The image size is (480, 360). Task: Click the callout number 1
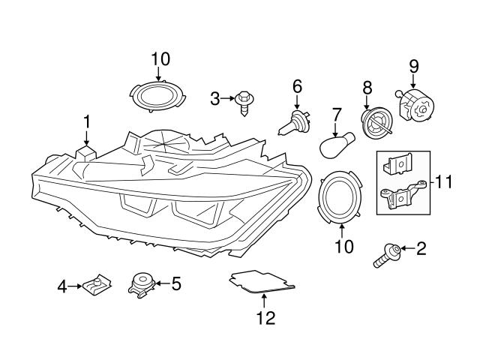pos(86,121)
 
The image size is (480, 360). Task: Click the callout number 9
pos(413,67)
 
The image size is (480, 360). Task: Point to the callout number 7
pos(337,115)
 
